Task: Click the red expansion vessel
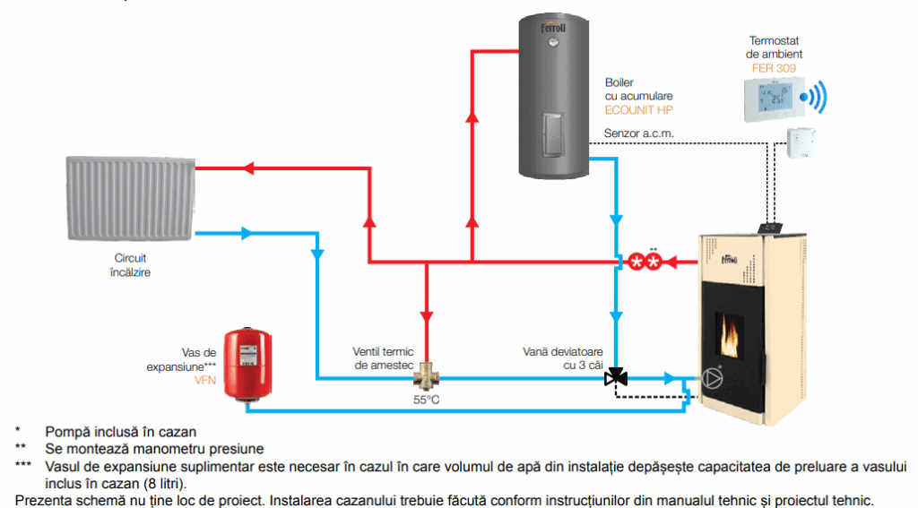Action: tap(247, 359)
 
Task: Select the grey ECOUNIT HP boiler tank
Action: tap(553, 99)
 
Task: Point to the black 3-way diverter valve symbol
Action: tap(616, 377)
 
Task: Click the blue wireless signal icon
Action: tap(815, 97)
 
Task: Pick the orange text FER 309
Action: tap(773, 67)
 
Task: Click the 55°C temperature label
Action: tap(427, 400)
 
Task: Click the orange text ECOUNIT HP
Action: tap(638, 110)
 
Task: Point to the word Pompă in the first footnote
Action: tap(62, 432)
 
